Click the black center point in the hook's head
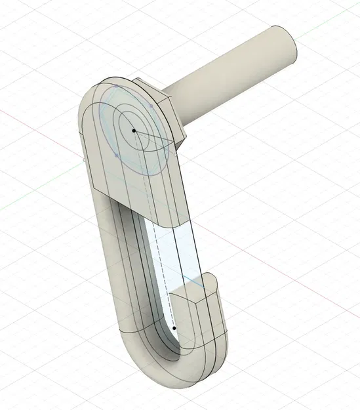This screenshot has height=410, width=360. click(134, 131)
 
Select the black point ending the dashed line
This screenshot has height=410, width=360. click(174, 327)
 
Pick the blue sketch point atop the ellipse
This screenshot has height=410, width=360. click(116, 86)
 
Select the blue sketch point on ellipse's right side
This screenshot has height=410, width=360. click(151, 105)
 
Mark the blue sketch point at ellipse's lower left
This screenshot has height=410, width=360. click(116, 155)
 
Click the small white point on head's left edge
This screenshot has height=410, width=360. click(85, 157)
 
